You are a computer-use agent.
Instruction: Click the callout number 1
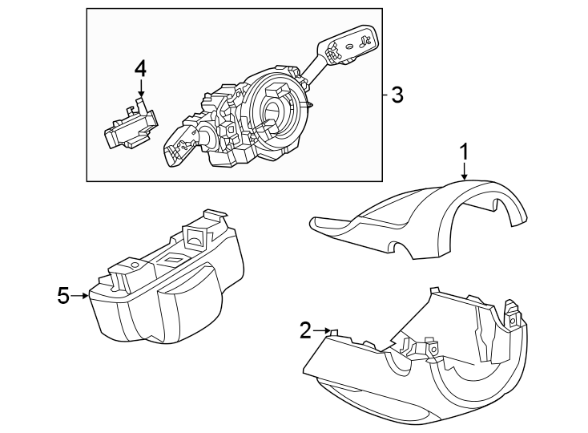tap(464, 150)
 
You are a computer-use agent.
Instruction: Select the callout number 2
tap(305, 330)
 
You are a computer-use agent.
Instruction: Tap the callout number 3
tap(396, 95)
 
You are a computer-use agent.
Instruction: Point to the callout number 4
tap(140, 68)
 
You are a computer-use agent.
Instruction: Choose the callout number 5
tap(63, 296)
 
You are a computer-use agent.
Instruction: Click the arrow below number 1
tap(464, 169)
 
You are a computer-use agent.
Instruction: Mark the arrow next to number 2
tap(322, 330)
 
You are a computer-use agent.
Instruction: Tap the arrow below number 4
tap(140, 90)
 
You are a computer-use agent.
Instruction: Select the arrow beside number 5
tap(80, 296)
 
